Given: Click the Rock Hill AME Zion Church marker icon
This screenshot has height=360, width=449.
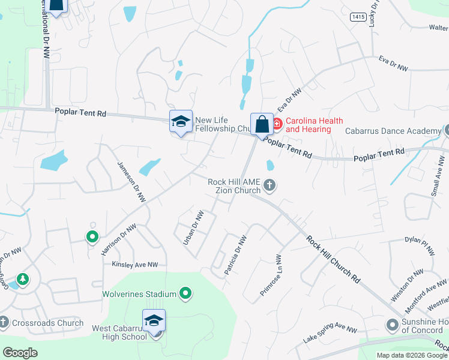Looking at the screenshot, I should tap(270, 185).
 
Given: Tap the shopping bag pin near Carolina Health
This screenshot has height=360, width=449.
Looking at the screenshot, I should tap(262, 125).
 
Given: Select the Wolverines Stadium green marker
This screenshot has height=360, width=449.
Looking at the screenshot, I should tap(186, 293).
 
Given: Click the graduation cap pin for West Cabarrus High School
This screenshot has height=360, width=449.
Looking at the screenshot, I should tap(154, 320).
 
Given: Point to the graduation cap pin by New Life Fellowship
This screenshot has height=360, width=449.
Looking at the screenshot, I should tap(181, 121).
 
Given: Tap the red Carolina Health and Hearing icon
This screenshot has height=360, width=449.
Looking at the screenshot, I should tap(277, 124).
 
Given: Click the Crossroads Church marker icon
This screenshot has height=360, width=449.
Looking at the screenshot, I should tap(4, 323).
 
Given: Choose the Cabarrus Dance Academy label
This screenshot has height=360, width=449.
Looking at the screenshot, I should tap(393, 131).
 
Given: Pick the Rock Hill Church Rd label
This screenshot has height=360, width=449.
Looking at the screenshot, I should tap(333, 259).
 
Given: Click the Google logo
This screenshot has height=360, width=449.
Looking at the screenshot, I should tap(20, 352).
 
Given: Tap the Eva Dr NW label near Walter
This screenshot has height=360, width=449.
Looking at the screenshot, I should tap(393, 64).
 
